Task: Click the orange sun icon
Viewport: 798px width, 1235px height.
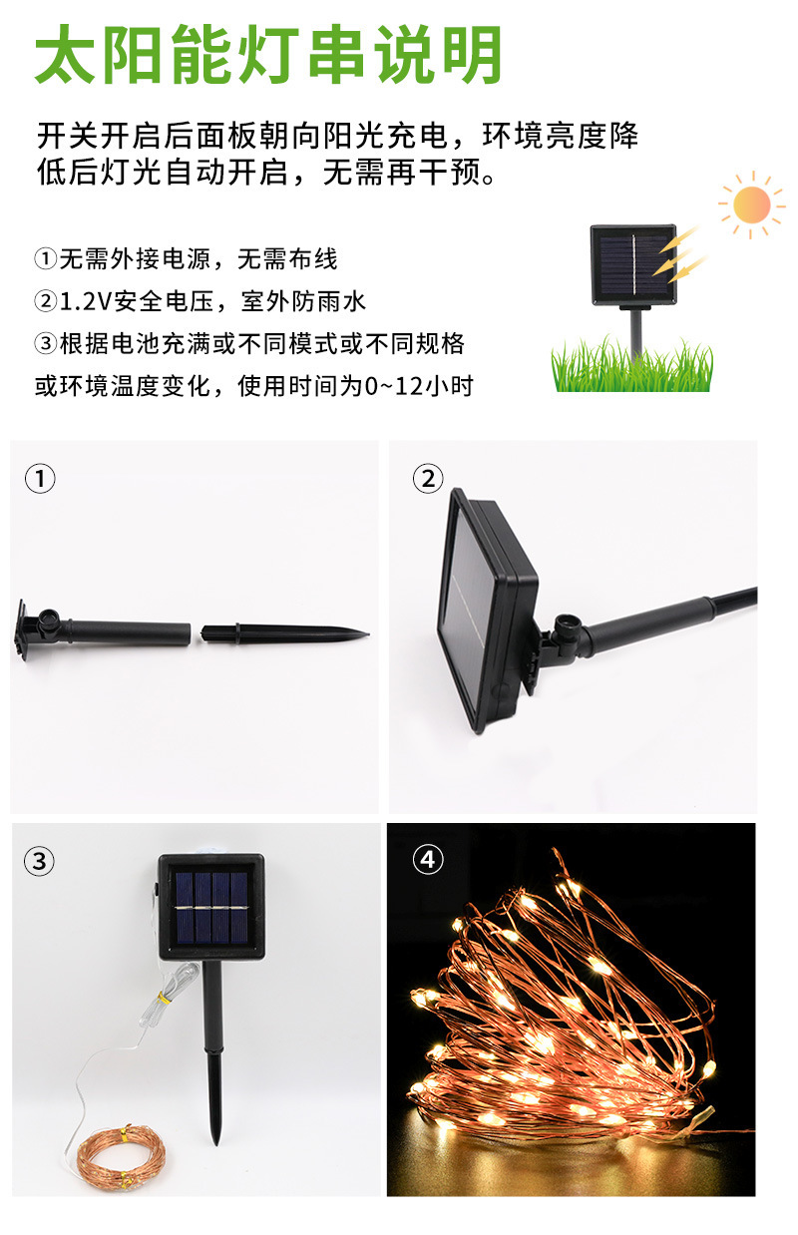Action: (751, 204)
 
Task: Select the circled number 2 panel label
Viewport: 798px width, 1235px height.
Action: (428, 479)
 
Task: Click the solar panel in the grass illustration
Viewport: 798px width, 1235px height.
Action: (633, 264)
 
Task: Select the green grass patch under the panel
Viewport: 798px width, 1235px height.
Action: (633, 367)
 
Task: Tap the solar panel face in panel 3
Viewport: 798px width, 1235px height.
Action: (210, 907)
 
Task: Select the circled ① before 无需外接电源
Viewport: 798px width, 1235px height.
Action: (46, 260)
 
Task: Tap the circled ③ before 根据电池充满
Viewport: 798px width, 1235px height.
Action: (46, 344)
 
